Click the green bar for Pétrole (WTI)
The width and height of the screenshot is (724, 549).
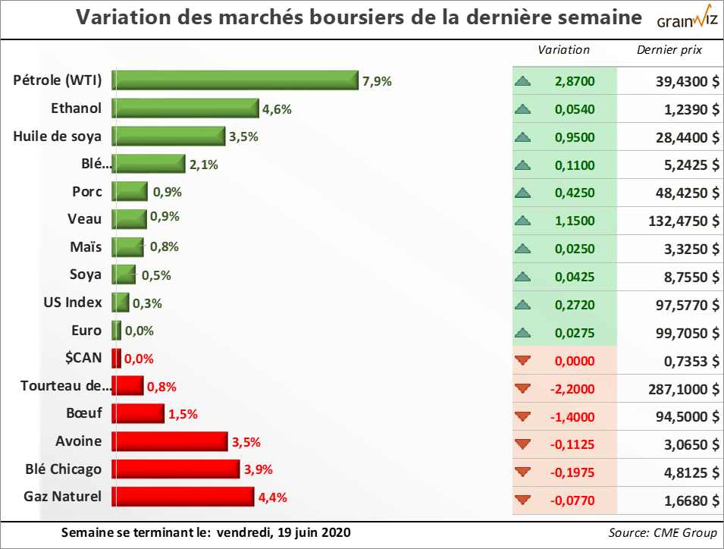point(235,80)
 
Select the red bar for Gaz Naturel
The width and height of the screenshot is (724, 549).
point(183,497)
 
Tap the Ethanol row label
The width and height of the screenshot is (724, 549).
point(76,108)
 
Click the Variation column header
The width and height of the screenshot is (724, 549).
point(563,50)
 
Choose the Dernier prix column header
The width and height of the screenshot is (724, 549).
point(669,50)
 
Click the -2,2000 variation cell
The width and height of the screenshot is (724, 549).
point(575,389)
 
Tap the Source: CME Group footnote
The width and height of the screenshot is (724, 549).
point(663,532)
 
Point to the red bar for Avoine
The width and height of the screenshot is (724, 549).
point(170,441)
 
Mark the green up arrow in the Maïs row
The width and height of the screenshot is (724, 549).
point(522,249)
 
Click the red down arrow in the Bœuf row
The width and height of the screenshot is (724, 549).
point(522,416)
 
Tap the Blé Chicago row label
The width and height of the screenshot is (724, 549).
point(64,469)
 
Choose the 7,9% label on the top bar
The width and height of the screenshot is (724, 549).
point(377,81)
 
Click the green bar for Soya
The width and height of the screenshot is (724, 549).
point(124,274)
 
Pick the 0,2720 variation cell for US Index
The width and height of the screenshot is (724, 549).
point(575,305)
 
